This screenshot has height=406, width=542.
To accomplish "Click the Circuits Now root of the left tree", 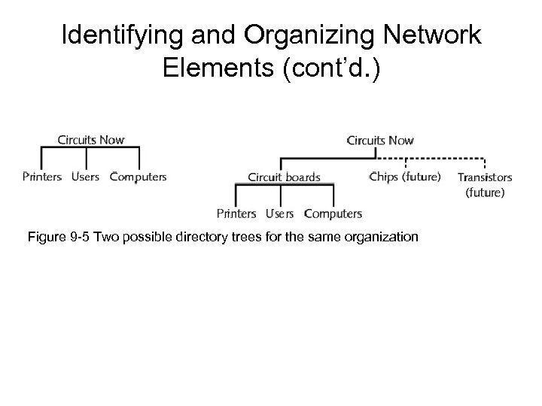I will pos(91,139).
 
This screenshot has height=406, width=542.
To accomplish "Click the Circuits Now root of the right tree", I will pos(379,140).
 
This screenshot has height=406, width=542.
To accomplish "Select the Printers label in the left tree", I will pos(43,177).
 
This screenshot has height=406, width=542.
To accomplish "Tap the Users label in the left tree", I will pos(85,177).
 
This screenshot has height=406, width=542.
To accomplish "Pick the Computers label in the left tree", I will pos(138,177).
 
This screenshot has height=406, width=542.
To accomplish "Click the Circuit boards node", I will pos(284,178).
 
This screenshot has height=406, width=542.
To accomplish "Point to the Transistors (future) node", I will pos(485,185).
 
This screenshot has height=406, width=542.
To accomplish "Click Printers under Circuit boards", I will pos(236,214).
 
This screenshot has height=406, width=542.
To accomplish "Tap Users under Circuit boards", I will pos(279,214).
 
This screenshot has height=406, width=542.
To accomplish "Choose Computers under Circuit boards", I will pos(333,214).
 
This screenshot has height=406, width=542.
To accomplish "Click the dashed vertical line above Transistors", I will pos(485,164).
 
